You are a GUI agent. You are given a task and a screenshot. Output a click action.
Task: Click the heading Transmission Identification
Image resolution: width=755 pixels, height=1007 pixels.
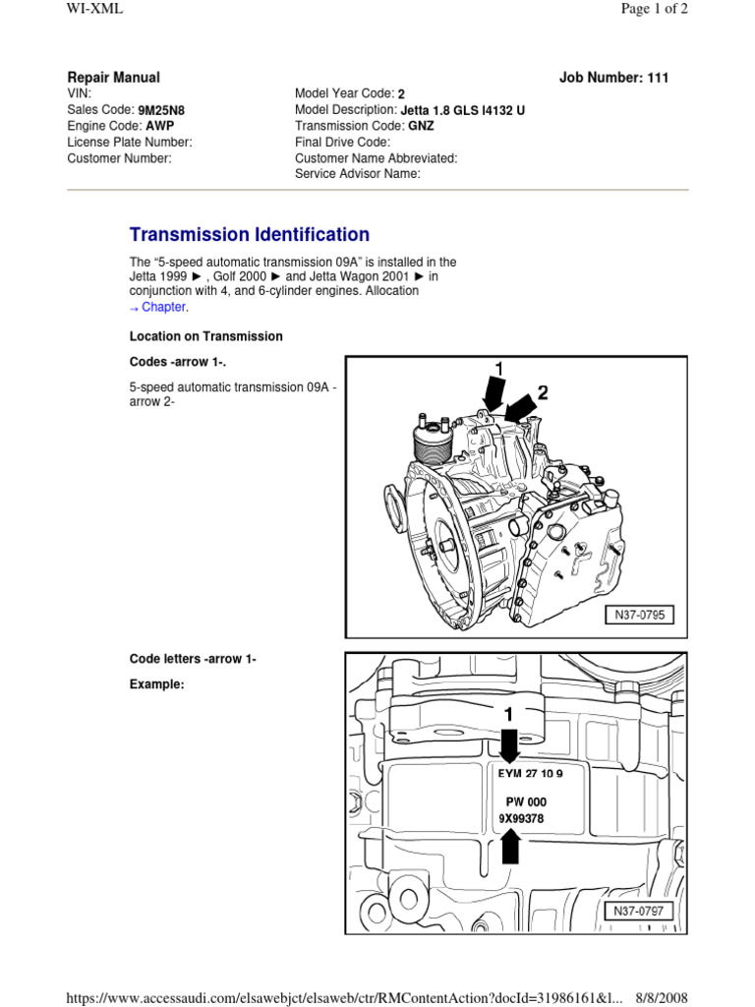(250, 235)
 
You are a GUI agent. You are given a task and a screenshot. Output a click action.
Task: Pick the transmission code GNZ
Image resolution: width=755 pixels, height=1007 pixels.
(421, 126)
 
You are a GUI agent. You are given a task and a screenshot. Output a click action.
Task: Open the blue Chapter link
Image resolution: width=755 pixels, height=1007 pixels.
(162, 307)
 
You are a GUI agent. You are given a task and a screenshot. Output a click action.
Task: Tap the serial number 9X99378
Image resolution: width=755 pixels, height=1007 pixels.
(521, 818)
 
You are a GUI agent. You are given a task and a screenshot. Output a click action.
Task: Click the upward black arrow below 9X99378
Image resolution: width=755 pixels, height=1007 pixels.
(510, 846)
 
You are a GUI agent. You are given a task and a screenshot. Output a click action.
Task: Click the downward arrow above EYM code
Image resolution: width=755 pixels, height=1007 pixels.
(509, 744)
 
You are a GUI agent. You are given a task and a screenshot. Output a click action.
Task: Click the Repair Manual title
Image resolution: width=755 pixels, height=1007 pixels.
(113, 78)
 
